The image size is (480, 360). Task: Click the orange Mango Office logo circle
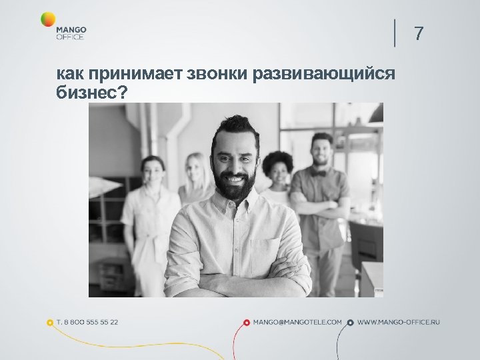48,19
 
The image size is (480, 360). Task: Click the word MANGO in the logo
71,29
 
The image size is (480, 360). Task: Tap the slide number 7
419,33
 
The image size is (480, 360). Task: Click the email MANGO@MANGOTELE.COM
297,322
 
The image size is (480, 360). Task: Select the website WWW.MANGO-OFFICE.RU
399,322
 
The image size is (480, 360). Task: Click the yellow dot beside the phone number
50,323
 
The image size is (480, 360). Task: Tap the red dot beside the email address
247,323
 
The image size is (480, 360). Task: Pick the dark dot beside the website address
351,323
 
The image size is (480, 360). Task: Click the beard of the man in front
235,189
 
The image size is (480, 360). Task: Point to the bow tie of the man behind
321,173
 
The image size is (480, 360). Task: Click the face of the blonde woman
196,171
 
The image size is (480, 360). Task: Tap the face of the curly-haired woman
279,173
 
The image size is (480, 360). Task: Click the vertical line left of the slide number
395,33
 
